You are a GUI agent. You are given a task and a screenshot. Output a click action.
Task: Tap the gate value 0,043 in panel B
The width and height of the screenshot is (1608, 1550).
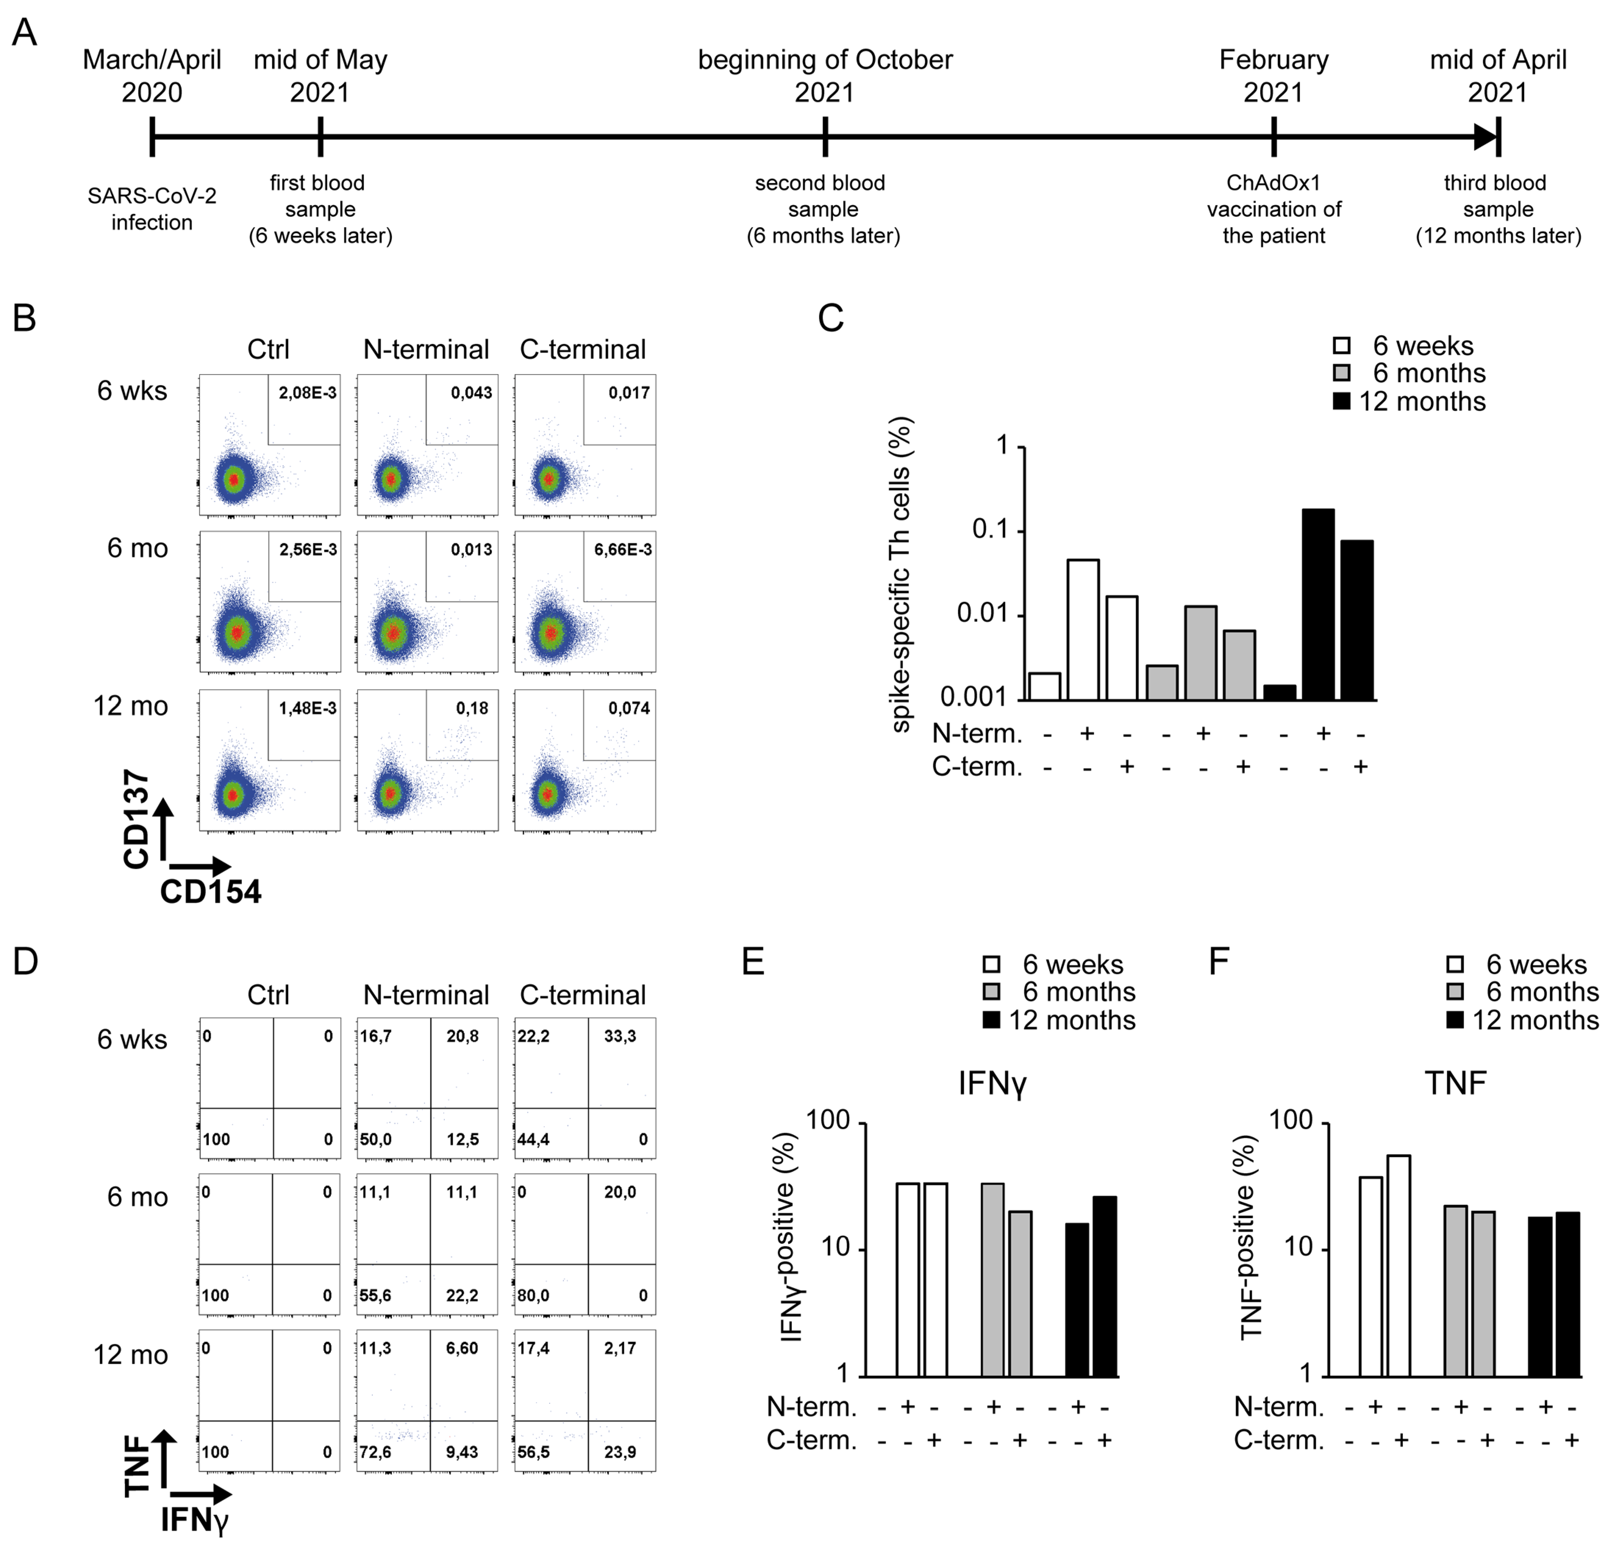[x=472, y=393]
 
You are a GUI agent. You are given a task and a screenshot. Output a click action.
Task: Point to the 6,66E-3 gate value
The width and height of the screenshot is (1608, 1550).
[x=623, y=550]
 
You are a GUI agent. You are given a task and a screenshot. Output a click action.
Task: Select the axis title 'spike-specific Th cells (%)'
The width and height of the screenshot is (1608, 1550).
[x=901, y=574]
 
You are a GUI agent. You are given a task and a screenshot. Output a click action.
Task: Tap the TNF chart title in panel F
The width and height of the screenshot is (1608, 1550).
[x=1455, y=1083]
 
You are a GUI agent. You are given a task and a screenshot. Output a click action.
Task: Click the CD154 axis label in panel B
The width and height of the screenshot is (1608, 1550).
[x=211, y=891]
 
